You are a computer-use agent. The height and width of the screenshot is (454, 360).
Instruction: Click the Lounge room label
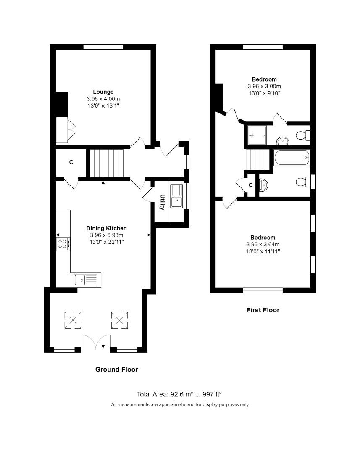click(x=103, y=92)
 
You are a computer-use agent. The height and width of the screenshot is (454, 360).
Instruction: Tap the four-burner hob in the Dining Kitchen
click(x=63, y=244)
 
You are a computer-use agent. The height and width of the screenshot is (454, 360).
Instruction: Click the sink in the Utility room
click(x=176, y=195)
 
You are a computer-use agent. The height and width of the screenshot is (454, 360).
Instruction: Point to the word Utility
click(x=162, y=202)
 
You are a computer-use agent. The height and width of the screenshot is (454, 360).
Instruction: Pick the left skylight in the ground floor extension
click(x=73, y=321)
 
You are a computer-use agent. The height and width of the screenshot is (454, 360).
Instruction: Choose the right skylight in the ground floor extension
click(x=119, y=321)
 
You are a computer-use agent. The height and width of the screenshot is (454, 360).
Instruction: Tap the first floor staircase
click(x=256, y=160)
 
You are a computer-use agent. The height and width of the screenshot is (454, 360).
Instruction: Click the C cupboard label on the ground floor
click(x=71, y=162)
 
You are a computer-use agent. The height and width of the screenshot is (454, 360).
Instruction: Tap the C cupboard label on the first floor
click(x=251, y=185)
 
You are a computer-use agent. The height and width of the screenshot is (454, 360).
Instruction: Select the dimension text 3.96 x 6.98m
click(x=106, y=235)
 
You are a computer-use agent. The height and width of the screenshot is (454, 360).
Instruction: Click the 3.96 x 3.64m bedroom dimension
click(x=263, y=244)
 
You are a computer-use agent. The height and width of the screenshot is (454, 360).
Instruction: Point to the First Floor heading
click(x=263, y=310)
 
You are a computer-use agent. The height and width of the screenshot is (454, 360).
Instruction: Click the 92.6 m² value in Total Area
click(x=181, y=394)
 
